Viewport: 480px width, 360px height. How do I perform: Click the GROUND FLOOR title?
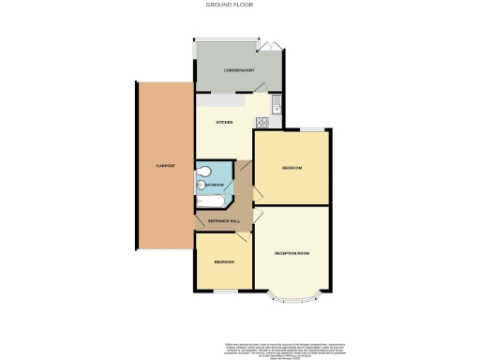229,5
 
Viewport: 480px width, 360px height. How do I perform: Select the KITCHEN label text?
224,123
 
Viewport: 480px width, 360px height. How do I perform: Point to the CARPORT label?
166,166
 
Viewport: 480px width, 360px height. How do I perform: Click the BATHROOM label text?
213,186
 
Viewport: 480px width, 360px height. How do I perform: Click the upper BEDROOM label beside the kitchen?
292,169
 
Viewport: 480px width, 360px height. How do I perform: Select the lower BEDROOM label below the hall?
222,262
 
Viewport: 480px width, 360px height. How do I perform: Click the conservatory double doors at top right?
271,43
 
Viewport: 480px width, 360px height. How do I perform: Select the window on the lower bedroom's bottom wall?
224,291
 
